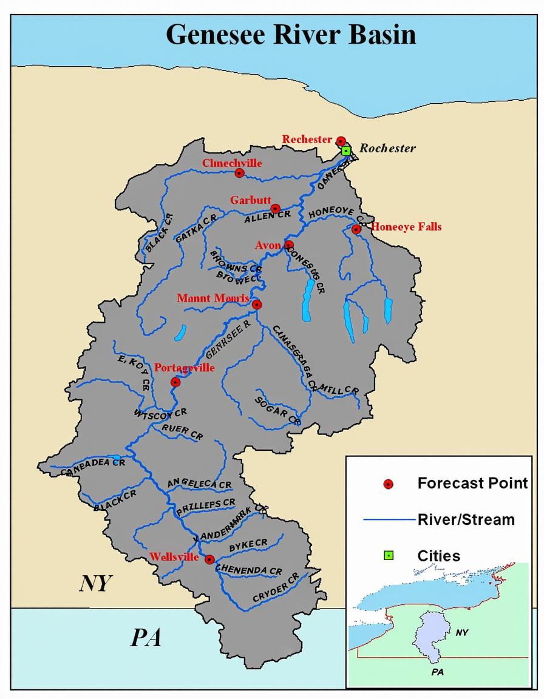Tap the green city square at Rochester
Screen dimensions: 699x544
point(346,150)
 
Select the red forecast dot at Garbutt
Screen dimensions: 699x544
point(275,208)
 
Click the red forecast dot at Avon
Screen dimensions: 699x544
point(289,245)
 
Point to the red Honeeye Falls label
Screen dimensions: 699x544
point(406,227)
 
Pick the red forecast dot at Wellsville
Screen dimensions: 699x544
point(209,559)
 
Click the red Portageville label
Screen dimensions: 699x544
point(185,368)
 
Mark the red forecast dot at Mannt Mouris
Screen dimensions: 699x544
point(257,305)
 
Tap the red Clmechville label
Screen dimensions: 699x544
point(232,163)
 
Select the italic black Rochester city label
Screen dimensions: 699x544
point(387,148)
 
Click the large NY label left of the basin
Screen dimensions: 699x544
point(96,583)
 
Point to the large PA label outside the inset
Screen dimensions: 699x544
point(146,638)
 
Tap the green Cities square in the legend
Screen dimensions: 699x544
point(389,555)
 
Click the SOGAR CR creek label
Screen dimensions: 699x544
point(277,409)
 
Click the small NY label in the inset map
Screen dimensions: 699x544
point(462,632)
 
